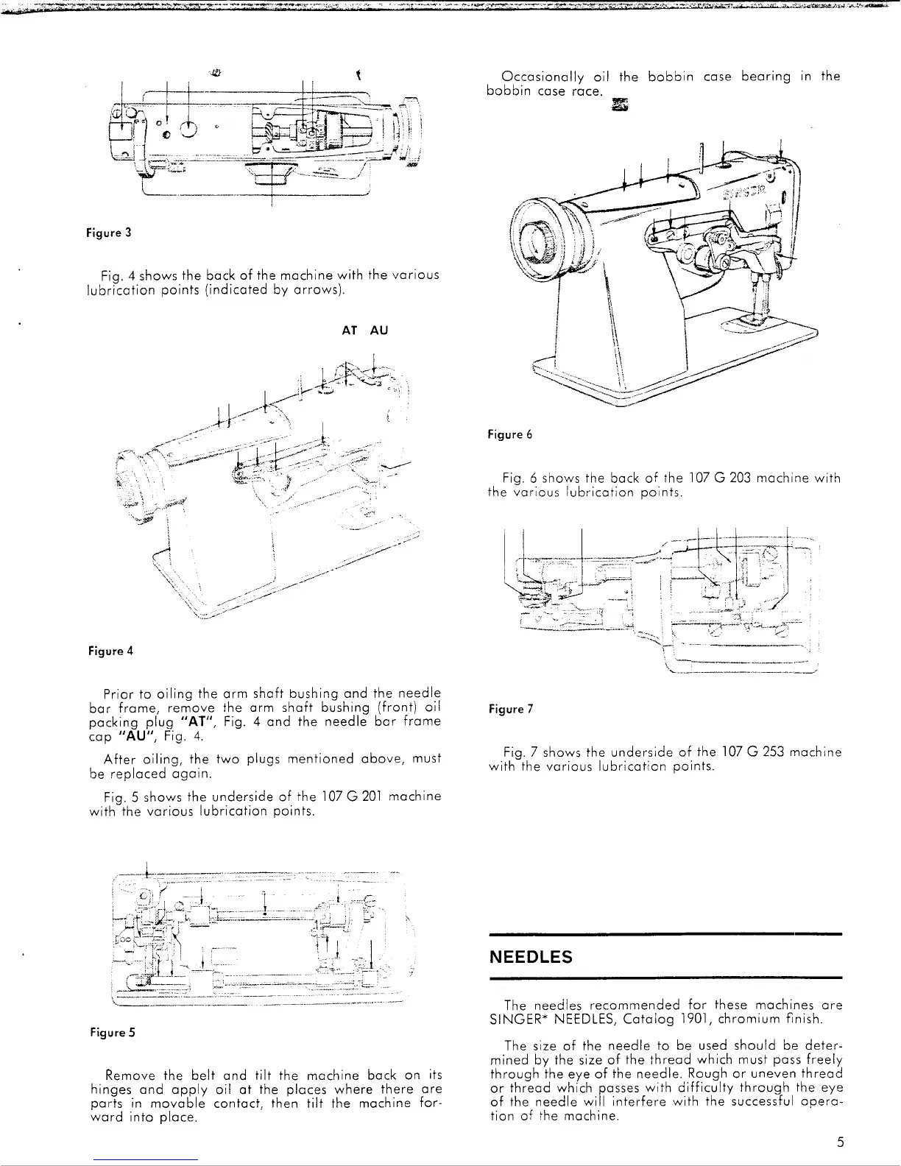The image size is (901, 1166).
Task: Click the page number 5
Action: click(x=840, y=1143)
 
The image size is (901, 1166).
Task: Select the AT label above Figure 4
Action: click(x=350, y=331)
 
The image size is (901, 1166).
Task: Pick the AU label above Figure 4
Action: click(x=378, y=331)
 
